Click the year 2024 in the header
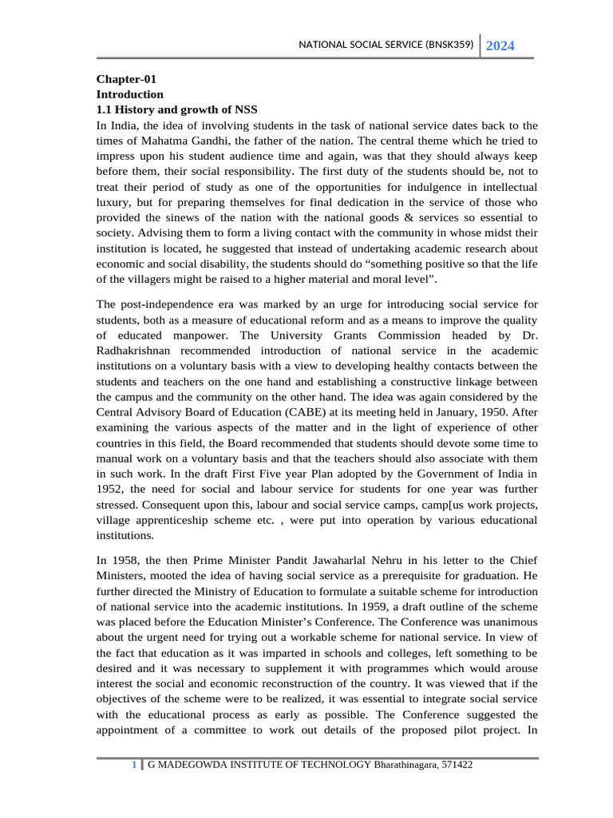click(x=500, y=46)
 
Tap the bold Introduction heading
click(x=130, y=93)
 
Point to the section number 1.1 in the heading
click(x=105, y=109)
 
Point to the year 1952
click(x=110, y=489)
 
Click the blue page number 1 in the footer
click(x=134, y=765)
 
